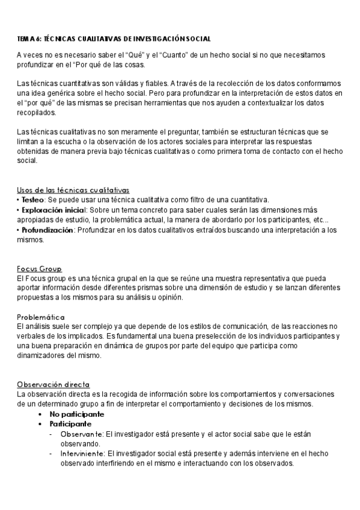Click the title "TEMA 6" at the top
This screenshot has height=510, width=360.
28,38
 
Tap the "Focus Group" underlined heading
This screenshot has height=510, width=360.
40,269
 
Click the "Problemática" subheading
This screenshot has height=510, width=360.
41,316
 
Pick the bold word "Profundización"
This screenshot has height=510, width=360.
47,230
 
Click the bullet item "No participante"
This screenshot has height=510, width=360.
76,414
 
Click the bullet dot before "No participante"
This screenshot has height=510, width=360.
40,414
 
